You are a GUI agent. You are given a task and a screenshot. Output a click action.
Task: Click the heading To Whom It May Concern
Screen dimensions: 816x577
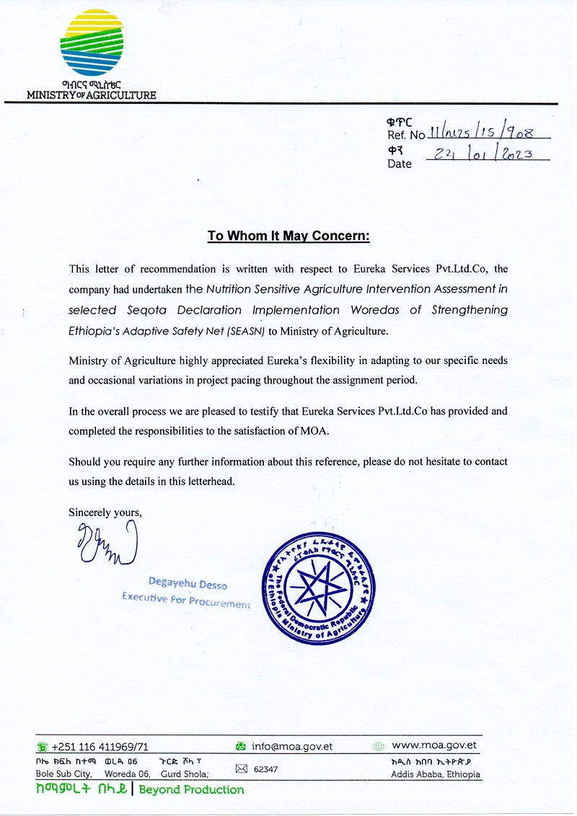[288, 236]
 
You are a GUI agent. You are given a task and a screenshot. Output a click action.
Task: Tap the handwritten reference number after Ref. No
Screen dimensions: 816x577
[488, 133]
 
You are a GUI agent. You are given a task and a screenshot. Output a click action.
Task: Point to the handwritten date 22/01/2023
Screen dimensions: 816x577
[488, 153]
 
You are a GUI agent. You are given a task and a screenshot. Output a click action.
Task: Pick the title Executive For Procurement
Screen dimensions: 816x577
[186, 600]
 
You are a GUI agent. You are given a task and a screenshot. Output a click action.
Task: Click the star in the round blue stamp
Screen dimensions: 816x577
[316, 592]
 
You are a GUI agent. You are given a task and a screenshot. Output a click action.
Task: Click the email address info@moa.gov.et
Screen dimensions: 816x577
[292, 747]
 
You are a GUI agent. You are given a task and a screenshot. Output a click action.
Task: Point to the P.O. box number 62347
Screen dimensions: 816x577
[266, 770]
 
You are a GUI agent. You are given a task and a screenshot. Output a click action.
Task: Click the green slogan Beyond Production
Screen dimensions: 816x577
[191, 789]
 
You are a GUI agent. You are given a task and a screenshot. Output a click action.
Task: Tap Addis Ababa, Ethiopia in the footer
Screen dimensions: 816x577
[435, 775]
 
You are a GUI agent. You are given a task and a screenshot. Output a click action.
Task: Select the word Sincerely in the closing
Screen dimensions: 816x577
[90, 513]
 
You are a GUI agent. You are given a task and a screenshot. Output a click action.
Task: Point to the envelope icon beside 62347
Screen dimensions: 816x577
[242, 769]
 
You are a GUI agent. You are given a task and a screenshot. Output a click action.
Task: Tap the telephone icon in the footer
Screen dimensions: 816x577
[43, 748]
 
